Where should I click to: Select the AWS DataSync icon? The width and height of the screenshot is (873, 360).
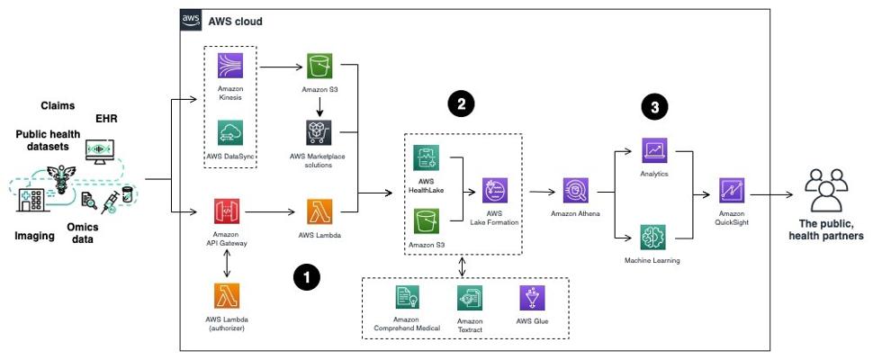[230, 133]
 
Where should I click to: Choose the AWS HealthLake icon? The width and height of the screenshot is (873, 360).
[426, 158]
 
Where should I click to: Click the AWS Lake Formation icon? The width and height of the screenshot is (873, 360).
[495, 191]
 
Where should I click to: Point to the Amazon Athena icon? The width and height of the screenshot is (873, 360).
[575, 191]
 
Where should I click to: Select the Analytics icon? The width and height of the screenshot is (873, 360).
[653, 150]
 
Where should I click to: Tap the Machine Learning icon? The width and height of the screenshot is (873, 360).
[653, 237]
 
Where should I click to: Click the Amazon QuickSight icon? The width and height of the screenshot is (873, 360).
[731, 191]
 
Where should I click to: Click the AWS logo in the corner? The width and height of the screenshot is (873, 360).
[192, 20]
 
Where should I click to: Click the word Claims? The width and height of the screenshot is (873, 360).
[58, 106]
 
